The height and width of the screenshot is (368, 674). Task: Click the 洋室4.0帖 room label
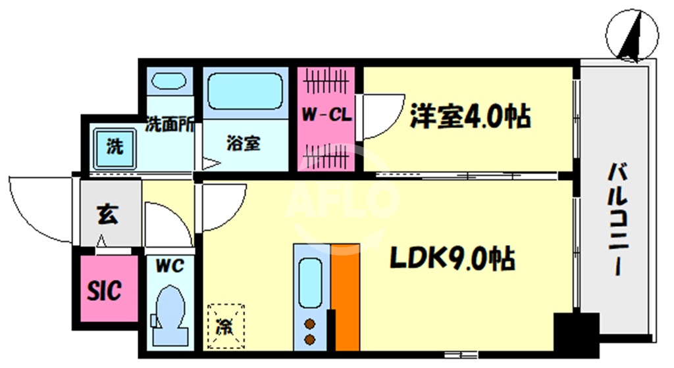(470, 116)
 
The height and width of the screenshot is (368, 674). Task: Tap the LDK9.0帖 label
(453, 260)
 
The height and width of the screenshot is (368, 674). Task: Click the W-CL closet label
(326, 115)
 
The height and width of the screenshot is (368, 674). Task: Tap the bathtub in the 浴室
(245, 91)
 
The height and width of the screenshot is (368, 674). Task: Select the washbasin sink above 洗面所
(169, 81)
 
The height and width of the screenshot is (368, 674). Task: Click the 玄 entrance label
(109, 215)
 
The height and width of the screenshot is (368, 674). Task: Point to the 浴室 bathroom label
(244, 143)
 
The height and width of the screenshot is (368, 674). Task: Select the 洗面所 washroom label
(169, 123)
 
